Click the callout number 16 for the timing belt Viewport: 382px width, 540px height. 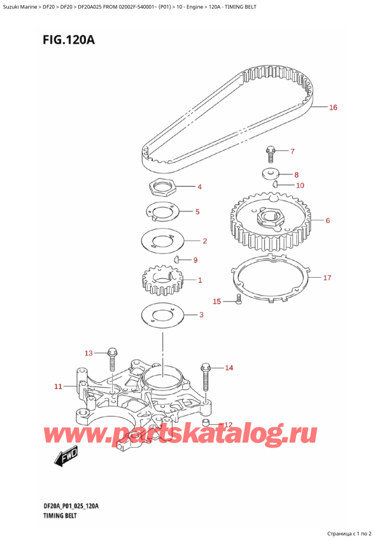332,108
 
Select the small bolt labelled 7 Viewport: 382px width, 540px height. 270,153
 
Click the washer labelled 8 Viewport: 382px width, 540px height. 271,173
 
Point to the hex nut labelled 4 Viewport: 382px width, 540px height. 161,188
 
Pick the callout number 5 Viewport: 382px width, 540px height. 198,212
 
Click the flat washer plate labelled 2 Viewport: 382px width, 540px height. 162,242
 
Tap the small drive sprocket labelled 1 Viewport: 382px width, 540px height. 161,280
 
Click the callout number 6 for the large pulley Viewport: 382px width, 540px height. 327,221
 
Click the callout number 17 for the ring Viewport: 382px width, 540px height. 327,278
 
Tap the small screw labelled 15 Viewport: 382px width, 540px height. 238,300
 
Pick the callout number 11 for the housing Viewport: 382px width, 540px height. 58,386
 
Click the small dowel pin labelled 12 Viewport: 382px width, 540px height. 205,423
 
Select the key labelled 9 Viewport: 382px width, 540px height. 177,259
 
